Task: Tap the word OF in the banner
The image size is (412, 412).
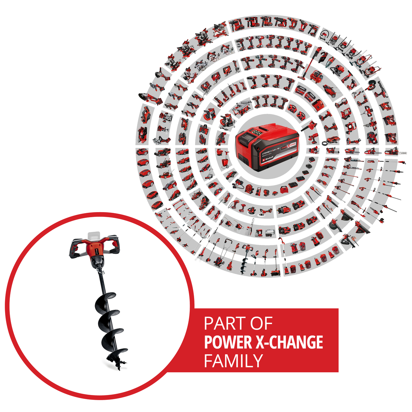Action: [x=262, y=324]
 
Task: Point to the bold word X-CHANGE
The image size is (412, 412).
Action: [x=289, y=342]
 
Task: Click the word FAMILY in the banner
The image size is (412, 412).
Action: [x=233, y=361]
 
